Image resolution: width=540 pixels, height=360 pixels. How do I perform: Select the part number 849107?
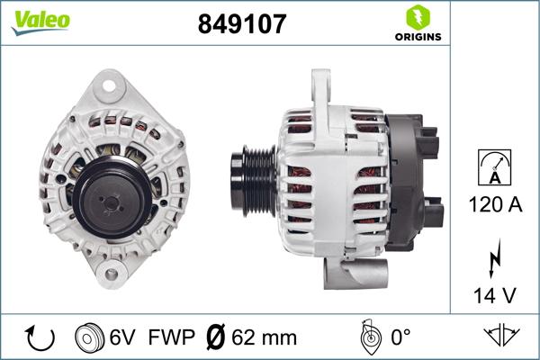(241, 24)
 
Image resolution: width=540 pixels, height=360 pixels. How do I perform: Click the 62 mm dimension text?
(265, 337)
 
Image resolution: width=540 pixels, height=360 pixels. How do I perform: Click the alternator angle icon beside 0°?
(367, 337)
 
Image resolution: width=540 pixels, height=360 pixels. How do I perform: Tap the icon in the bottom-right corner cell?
(501, 337)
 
